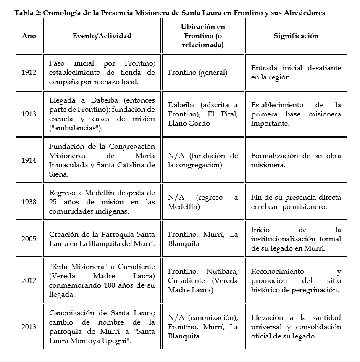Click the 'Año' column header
point(29,36)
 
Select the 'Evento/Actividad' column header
point(102,36)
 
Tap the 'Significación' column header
point(296,36)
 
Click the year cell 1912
point(29,72)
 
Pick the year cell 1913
point(29,114)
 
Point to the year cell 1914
point(29,160)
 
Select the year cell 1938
point(29,202)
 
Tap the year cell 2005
point(29,239)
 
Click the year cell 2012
point(29,280)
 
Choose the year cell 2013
point(29,327)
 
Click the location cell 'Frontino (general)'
point(197,72)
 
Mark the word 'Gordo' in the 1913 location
point(200,123)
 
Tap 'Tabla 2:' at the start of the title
point(27,13)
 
